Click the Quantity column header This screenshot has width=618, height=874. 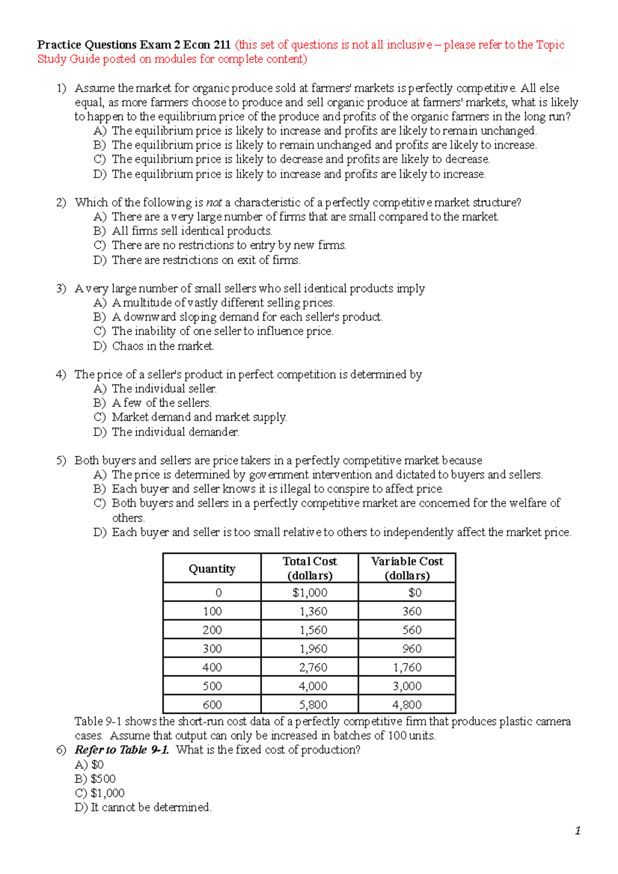(212, 568)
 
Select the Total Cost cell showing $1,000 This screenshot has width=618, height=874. (310, 592)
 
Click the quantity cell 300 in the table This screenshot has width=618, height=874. (212, 649)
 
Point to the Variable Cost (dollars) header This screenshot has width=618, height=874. (407, 568)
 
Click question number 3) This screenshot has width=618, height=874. (61, 288)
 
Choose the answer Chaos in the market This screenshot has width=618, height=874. (163, 346)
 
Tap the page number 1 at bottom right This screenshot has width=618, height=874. (578, 831)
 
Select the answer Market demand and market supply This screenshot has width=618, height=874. (199, 417)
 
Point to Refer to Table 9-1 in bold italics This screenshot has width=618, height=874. (122, 750)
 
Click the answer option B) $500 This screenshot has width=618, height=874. (95, 779)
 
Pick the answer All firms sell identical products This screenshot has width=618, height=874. (192, 231)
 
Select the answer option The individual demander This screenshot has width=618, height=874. (175, 432)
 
